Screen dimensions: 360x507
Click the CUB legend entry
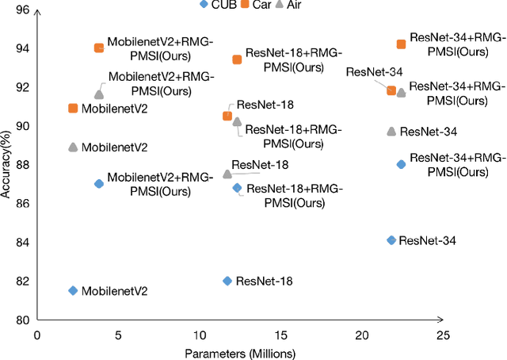point(216,5)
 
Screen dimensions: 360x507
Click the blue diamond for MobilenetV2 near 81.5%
point(73,291)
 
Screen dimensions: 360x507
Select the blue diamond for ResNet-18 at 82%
point(227,281)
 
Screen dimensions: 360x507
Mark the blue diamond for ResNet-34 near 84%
point(391,240)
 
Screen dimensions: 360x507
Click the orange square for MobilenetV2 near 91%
point(73,108)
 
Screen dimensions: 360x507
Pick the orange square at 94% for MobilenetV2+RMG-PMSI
point(98,48)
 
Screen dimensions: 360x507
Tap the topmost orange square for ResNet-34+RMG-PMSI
point(401,44)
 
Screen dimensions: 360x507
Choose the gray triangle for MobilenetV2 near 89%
point(73,147)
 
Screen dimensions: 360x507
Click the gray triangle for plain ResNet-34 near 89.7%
point(391,131)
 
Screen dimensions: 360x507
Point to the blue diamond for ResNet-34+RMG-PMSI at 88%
point(401,164)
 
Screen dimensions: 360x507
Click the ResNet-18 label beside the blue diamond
point(265,281)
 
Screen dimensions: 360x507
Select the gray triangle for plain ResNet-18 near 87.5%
point(227,174)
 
